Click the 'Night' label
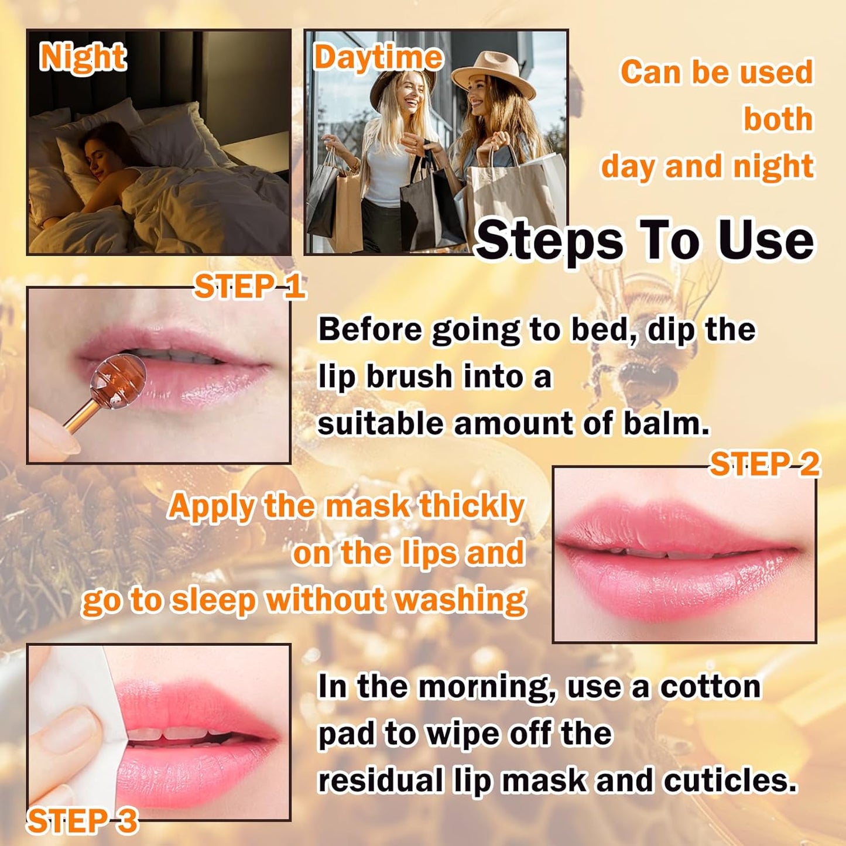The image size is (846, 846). (83, 57)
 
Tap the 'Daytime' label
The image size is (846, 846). (378, 57)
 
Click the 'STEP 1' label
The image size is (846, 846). (249, 286)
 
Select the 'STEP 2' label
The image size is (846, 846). (765, 464)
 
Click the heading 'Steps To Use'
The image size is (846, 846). (645, 240)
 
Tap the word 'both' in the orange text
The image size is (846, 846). (778, 119)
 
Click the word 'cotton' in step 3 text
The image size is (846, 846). (710, 686)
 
